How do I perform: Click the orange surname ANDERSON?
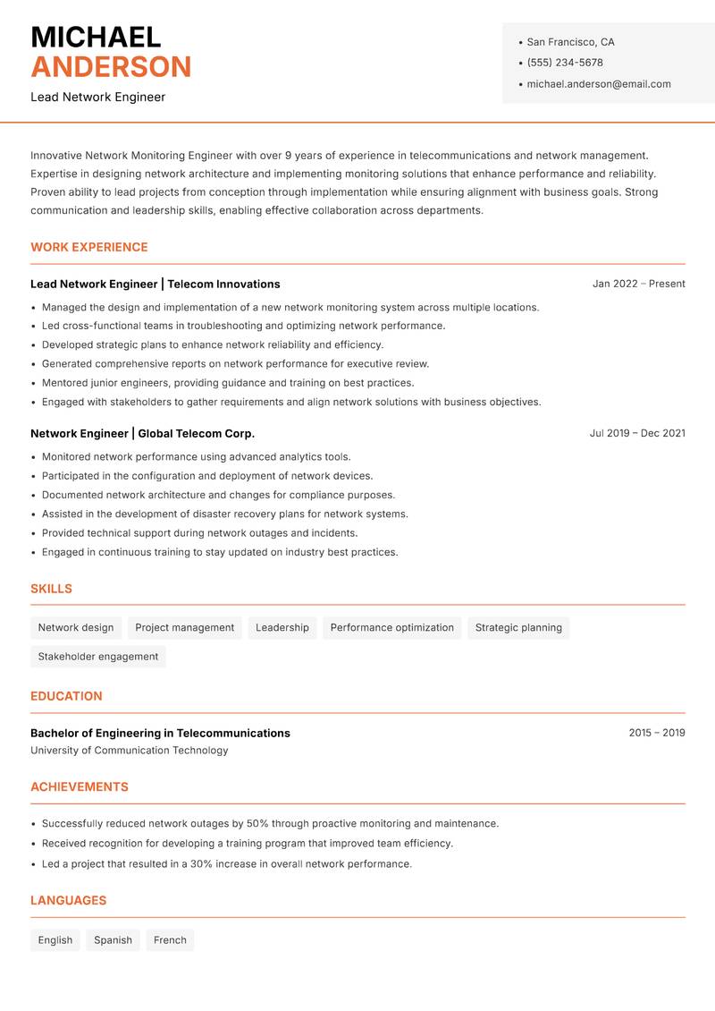tap(111, 67)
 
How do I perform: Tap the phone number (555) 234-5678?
tap(565, 63)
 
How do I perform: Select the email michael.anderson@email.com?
tap(599, 84)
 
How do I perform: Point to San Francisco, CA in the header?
tap(570, 42)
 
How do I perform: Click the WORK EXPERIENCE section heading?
tap(89, 247)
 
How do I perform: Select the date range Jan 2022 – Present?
tap(638, 284)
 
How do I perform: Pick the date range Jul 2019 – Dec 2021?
tap(637, 433)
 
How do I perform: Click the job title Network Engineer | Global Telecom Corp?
tap(142, 433)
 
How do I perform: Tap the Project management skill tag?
tap(184, 628)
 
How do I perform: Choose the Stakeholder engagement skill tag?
tap(98, 657)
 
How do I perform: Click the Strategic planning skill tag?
tap(518, 628)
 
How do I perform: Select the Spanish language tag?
tap(113, 940)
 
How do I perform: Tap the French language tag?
tap(170, 940)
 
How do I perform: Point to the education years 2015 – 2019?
tap(656, 733)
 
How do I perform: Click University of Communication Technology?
tap(129, 751)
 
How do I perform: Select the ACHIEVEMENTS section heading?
tap(80, 787)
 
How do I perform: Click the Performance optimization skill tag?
tap(391, 628)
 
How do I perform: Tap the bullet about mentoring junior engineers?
tap(228, 383)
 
